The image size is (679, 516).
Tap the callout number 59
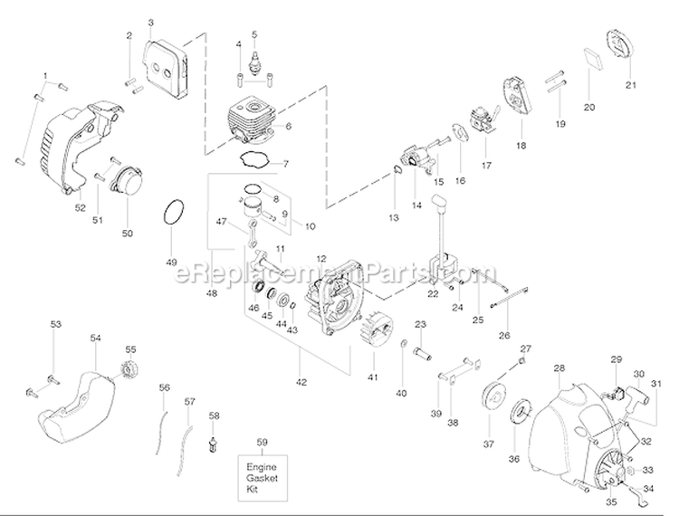click(x=263, y=443)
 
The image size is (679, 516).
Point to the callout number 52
click(x=81, y=207)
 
